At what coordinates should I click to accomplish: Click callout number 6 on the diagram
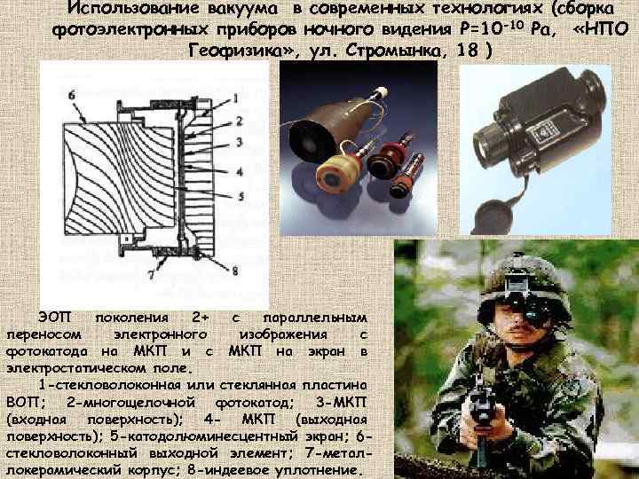click(72, 96)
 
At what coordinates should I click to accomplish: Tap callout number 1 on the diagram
click(235, 98)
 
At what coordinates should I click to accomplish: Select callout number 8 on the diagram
click(234, 271)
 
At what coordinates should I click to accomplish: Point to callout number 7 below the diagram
click(151, 276)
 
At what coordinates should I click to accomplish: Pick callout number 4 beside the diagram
click(240, 172)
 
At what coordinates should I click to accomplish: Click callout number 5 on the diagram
click(241, 197)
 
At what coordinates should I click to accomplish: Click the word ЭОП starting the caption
click(55, 317)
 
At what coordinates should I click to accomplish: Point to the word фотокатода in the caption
click(47, 351)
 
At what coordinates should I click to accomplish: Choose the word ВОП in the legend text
click(23, 403)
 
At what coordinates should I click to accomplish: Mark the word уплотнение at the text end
click(319, 471)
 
